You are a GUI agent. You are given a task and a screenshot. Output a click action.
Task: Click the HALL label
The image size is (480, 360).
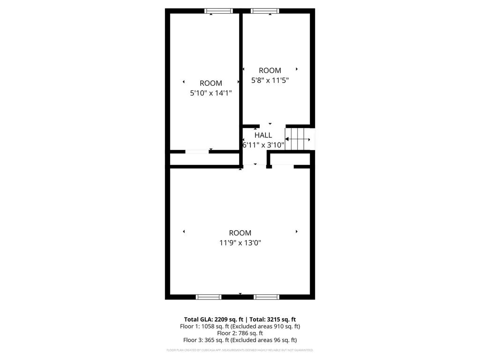click(263, 135)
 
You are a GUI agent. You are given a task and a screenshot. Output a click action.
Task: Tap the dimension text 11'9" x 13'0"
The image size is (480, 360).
click(240, 243)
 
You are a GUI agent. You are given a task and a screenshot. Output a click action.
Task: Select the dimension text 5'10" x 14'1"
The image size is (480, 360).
click(210, 93)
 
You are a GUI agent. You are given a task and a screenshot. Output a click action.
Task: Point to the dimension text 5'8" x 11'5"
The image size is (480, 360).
click(270, 80)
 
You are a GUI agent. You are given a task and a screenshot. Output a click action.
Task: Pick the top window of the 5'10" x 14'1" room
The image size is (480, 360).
click(218, 11)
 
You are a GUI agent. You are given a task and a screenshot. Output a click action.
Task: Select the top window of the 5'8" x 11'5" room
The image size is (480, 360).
click(265, 11)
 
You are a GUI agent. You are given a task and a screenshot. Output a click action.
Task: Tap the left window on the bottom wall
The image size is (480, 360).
click(208, 297)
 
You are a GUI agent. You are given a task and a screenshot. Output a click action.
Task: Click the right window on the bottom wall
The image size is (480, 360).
click(266, 297)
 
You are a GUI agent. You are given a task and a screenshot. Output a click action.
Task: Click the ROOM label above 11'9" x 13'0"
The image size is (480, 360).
click(240, 233)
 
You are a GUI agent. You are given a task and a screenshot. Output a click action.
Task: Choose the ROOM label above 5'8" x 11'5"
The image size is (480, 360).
click(270, 70)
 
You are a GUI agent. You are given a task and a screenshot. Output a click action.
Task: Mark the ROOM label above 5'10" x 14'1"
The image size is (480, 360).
click(210, 83)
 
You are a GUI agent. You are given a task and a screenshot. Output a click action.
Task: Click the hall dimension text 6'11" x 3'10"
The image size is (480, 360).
click(263, 145)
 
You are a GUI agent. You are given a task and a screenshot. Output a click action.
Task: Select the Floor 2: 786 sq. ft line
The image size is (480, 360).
click(240, 333)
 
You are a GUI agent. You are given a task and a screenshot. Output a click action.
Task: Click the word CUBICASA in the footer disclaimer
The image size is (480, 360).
click(208, 350)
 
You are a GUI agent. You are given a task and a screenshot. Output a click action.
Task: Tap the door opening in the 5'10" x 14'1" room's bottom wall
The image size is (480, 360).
click(197, 151)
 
